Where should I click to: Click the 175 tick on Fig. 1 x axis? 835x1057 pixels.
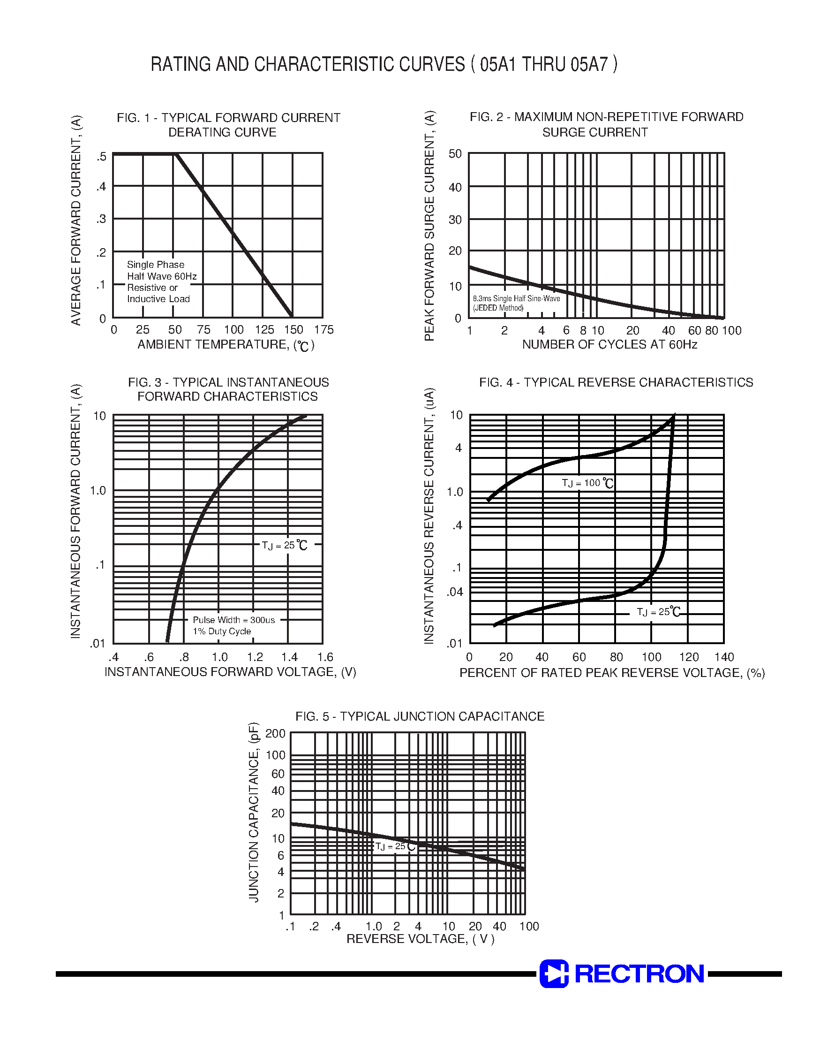[x=323, y=330]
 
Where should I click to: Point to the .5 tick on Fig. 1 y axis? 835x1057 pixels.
[x=101, y=157]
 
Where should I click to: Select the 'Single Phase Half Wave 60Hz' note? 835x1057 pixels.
[x=161, y=271]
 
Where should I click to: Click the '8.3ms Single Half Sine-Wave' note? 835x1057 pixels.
[x=516, y=298]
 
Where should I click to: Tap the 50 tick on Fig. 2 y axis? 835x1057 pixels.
[x=455, y=154]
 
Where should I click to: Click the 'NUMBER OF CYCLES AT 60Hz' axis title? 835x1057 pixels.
[x=609, y=344]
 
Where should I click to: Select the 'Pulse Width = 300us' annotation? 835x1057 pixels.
[x=233, y=620]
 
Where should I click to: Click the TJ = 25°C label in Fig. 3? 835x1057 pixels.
[x=285, y=545]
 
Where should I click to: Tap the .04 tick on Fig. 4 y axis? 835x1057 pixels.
[x=455, y=593]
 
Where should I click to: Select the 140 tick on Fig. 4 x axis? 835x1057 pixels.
[x=724, y=657]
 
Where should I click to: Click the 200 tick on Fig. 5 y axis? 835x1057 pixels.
[x=275, y=734]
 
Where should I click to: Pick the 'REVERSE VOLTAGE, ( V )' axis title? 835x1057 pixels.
[x=421, y=939]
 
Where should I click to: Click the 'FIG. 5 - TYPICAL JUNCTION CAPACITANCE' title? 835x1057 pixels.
[x=420, y=716]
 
